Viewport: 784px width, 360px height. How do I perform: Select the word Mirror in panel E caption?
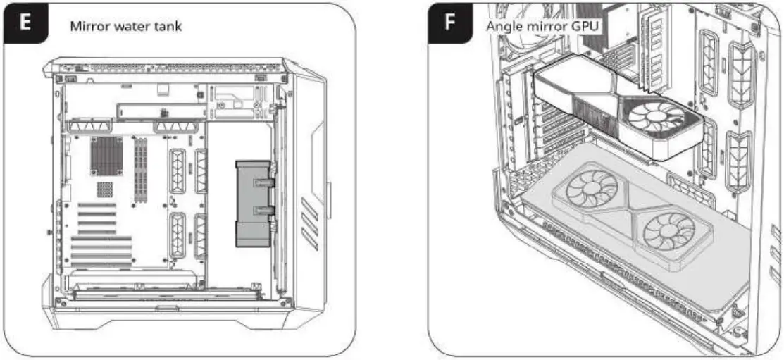(87, 27)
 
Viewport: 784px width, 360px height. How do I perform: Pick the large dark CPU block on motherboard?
(106, 156)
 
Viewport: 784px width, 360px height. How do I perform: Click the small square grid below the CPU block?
(105, 189)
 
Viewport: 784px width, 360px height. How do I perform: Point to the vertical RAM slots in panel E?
(140, 166)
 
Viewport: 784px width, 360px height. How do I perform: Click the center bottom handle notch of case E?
(167, 309)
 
